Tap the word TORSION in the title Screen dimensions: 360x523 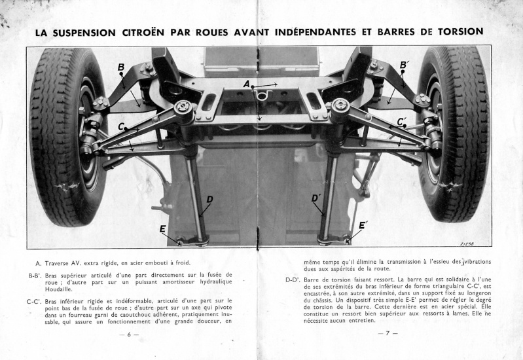click(x=452, y=31)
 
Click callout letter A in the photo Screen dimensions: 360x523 click(x=247, y=84)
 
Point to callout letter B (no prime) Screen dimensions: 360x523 click(x=121, y=67)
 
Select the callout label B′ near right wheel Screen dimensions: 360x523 click(x=404, y=65)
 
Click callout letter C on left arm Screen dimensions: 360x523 click(x=122, y=127)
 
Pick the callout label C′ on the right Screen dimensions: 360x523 click(x=402, y=121)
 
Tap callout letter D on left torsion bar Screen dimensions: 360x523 click(x=209, y=199)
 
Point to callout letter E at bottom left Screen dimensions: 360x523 click(x=162, y=228)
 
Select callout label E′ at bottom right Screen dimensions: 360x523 click(x=362, y=226)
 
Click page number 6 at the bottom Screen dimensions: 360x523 click(x=130, y=334)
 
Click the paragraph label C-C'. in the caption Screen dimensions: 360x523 click(x=35, y=302)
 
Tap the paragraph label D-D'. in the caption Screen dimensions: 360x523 click(x=292, y=279)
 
